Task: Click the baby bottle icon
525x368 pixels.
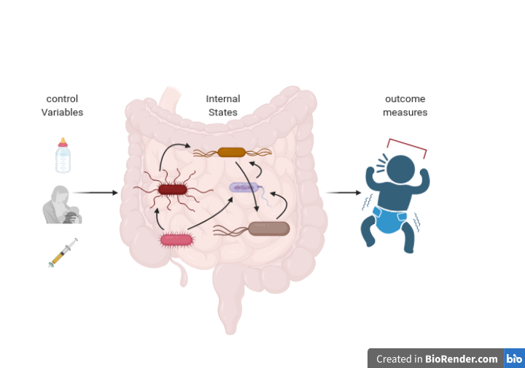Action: [63, 156]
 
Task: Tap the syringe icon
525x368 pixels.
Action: [63, 253]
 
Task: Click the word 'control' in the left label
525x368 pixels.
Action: [62, 99]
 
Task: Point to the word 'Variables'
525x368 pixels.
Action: [62, 112]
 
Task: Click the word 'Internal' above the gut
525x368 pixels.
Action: [222, 99]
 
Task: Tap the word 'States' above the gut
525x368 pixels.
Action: [222, 112]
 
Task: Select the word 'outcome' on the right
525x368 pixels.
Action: [405, 99]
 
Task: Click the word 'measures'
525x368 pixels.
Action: [405, 112]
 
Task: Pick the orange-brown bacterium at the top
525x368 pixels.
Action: [232, 153]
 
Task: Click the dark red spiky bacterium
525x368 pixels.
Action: [173, 190]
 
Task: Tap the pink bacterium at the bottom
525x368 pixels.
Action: [175, 239]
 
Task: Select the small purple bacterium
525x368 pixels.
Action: [244, 188]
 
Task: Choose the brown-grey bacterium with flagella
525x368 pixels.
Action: [268, 229]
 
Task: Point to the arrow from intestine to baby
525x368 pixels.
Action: [343, 193]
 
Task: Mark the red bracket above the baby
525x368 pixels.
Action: [407, 146]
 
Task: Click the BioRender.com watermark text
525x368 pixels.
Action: [437, 359]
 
